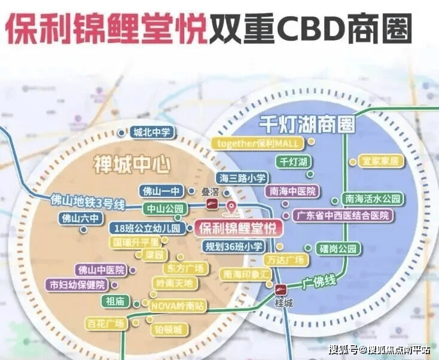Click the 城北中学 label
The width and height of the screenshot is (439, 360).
152,133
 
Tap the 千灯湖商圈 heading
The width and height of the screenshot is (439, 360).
307,124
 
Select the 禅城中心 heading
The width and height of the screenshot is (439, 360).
132,163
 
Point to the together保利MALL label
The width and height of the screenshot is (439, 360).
258,144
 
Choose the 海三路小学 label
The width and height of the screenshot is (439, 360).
243,178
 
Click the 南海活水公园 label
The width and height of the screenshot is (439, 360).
371,199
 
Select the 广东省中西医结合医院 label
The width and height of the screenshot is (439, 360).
343,215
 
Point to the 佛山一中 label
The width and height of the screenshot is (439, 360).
161,191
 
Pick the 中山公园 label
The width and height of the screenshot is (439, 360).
166,209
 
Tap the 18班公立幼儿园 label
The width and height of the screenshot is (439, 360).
146,228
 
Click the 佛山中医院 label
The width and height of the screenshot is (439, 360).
100,270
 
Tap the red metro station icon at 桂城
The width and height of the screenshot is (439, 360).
280,290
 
